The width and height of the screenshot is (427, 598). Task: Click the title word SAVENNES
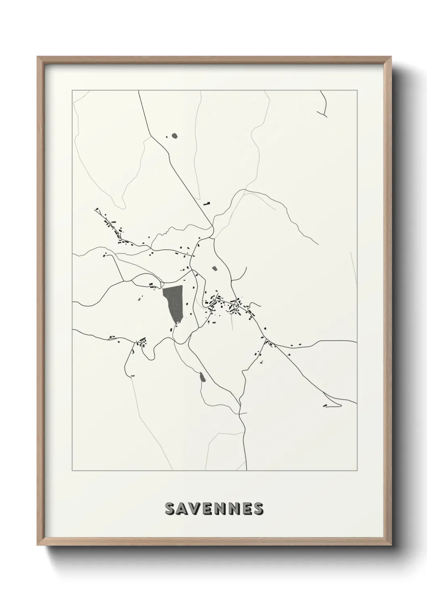click(214, 509)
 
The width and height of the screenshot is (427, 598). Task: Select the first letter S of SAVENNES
click(170, 509)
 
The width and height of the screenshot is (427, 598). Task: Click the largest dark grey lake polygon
click(174, 301)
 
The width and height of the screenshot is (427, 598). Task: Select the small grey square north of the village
click(214, 267)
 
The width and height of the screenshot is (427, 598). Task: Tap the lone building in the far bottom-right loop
click(324, 405)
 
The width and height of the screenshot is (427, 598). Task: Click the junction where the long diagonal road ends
click(213, 237)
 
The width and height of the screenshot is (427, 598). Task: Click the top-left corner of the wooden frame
click(38, 57)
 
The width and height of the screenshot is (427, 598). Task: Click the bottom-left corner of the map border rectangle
click(72, 470)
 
